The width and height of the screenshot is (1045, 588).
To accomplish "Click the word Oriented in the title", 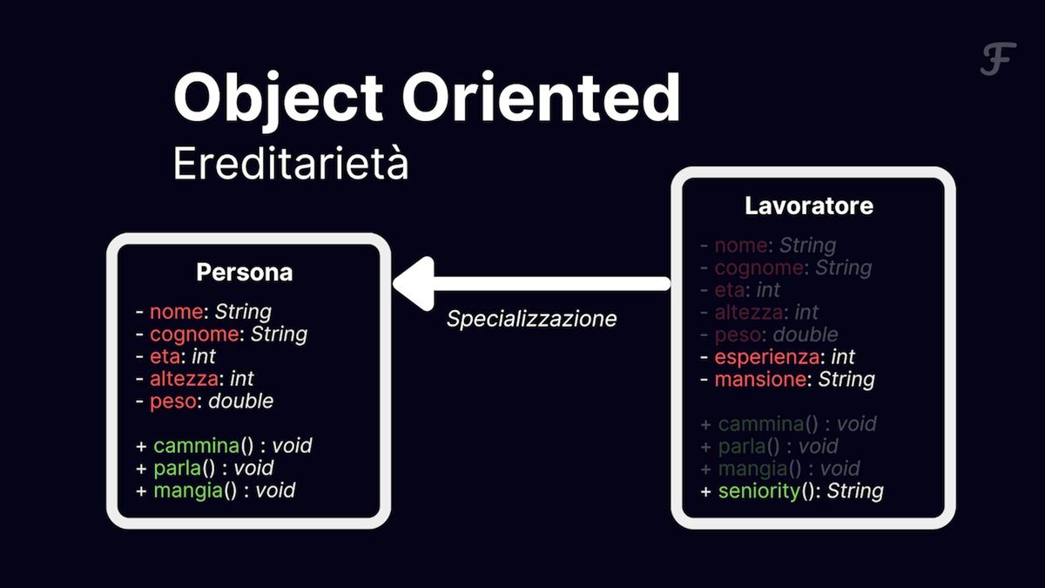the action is pyautogui.click(x=541, y=97).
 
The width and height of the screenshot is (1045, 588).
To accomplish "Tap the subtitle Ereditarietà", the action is pyautogui.click(x=291, y=163).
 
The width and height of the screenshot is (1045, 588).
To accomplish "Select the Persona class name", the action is pyautogui.click(x=245, y=272).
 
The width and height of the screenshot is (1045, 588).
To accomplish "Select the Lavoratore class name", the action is pyautogui.click(x=809, y=206).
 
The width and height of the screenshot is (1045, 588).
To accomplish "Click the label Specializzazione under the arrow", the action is pyautogui.click(x=531, y=319).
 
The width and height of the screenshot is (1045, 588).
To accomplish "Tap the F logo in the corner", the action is pyautogui.click(x=998, y=59).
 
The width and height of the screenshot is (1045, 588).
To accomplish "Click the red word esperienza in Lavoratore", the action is pyautogui.click(x=766, y=357).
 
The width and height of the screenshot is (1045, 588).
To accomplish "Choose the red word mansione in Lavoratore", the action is pyautogui.click(x=760, y=380).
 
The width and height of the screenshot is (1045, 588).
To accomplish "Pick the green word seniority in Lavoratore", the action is pyautogui.click(x=759, y=491).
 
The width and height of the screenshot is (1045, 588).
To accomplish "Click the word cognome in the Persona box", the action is pyautogui.click(x=194, y=335).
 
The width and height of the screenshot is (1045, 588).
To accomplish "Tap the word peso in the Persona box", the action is pyautogui.click(x=173, y=402).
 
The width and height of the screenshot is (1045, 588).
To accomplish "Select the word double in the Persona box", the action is pyautogui.click(x=240, y=401).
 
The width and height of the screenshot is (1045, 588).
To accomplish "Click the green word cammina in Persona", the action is pyautogui.click(x=197, y=446).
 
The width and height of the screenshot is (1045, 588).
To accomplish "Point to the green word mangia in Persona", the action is pyautogui.click(x=188, y=491).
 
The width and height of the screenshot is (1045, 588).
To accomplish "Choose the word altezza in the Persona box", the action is pyautogui.click(x=184, y=378).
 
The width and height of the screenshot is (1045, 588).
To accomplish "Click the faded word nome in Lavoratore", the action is pyautogui.click(x=741, y=246).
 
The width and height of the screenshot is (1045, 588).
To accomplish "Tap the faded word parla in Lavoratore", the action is pyautogui.click(x=742, y=447).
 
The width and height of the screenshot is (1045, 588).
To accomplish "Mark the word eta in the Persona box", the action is pyautogui.click(x=165, y=356).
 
